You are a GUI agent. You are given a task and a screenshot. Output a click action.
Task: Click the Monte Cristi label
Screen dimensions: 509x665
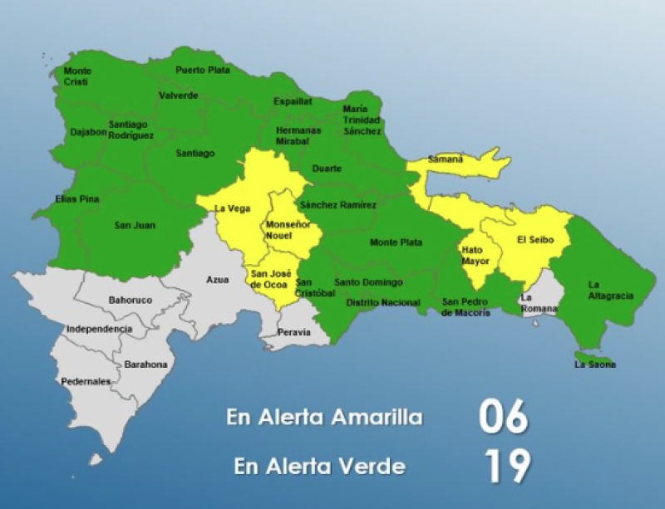(x=78, y=76)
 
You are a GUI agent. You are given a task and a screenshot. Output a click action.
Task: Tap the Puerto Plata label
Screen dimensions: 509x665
(x=203, y=71)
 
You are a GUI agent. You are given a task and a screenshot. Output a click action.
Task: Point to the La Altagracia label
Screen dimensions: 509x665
(x=610, y=290)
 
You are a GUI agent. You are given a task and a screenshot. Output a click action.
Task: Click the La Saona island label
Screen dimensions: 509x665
(x=595, y=365)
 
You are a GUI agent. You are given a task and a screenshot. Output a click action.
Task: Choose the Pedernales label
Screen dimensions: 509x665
(x=86, y=382)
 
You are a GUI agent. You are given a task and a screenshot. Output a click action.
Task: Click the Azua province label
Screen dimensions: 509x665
(x=217, y=280)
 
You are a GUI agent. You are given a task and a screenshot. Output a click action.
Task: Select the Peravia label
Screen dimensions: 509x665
(x=294, y=332)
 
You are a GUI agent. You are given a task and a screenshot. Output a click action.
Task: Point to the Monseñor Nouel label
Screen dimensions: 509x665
(x=288, y=230)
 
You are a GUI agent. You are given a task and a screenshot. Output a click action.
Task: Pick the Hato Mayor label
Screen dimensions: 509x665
(x=472, y=256)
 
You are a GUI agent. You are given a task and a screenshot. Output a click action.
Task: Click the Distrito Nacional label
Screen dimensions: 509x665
(x=382, y=302)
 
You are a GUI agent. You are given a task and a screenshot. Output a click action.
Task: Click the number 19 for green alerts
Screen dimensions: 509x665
(x=507, y=467)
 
